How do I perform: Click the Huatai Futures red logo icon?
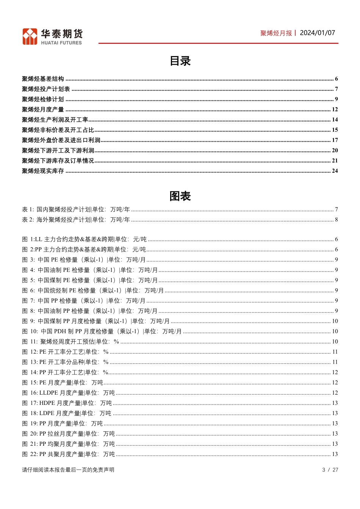30,37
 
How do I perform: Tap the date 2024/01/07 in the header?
317,33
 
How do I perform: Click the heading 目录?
180,61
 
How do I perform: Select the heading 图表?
180,196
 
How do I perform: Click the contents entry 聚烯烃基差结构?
43,79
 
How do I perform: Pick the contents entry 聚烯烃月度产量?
43,109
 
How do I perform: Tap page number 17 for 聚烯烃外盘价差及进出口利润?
335,140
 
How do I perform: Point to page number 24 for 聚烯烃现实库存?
335,171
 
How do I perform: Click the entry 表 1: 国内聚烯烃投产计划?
76,209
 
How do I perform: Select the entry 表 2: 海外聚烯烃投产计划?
76,220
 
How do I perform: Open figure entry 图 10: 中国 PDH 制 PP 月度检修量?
102,331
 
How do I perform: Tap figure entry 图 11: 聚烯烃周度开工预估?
70,342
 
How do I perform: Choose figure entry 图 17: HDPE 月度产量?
67,403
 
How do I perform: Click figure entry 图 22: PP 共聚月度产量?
68,454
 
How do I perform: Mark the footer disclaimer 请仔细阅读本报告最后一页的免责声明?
68,470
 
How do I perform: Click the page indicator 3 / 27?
330,470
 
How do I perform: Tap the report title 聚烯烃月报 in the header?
276,33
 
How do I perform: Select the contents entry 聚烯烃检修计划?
43,99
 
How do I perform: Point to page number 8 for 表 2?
336,220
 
